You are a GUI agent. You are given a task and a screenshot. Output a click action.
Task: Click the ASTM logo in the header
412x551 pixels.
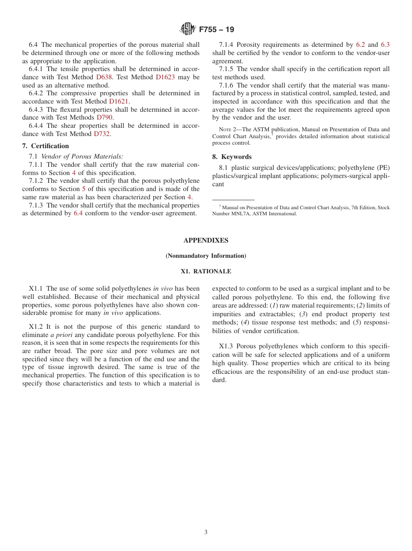click(x=188, y=29)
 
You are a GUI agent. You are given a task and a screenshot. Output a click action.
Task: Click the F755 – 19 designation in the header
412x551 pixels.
click(x=216, y=29)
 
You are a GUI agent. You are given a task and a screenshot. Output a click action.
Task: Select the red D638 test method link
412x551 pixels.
click(x=104, y=77)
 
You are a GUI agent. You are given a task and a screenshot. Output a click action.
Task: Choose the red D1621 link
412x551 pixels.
click(x=119, y=101)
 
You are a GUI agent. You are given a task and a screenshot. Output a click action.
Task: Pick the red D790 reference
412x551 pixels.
click(x=105, y=117)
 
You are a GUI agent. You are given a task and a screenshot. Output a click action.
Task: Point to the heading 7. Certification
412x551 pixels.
click(x=46, y=146)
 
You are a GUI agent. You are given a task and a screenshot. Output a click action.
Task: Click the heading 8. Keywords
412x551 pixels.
click(x=232, y=157)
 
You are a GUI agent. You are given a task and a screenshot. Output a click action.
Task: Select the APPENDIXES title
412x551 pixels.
click(x=206, y=240)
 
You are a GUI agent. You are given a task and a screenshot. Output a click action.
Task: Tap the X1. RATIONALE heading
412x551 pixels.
click(x=206, y=272)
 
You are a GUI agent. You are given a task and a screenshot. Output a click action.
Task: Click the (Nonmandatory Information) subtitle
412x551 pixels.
click(x=206, y=256)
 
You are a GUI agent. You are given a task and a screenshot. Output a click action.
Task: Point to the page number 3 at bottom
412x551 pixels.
click(x=206, y=532)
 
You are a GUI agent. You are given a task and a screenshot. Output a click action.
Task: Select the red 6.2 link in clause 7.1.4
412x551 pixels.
click(x=360, y=45)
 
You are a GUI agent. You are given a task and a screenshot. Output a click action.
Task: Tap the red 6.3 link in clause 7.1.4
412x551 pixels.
click(x=385, y=45)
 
